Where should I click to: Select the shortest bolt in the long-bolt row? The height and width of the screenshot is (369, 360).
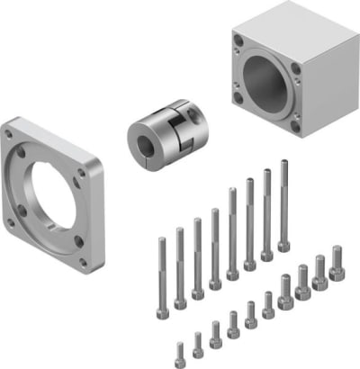pyautogui.click(x=162, y=270)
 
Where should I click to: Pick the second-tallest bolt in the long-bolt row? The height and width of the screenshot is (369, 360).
pyautogui.click(x=266, y=211)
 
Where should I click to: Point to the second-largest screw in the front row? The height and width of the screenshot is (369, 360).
pyautogui.click(x=319, y=274)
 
